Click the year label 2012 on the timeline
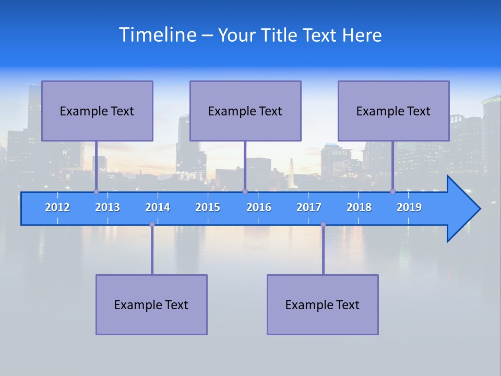coord(57,207)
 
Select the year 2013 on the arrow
coord(108,207)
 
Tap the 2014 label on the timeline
coord(158,207)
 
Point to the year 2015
coord(208,207)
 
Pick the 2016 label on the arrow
coord(259,207)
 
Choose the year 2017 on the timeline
coord(309,207)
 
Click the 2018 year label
coord(359,207)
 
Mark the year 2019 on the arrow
coord(409,207)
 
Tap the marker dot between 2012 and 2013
coord(96,192)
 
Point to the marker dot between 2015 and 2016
coord(245,192)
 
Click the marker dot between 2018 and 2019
coord(393,192)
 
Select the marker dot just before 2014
coord(152,225)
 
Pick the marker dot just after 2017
coord(323,225)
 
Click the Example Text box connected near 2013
coord(97,111)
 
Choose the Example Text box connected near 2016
coord(245,111)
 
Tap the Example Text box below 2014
coord(151,304)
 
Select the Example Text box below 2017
coord(323,304)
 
